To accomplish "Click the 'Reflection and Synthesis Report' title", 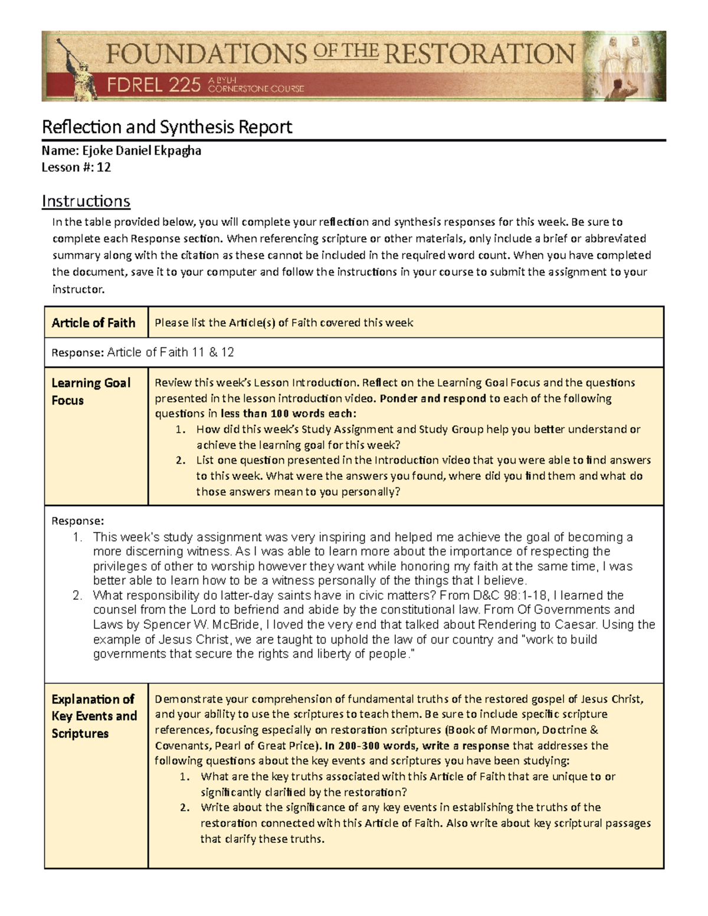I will (x=166, y=127).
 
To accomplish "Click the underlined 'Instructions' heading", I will (x=86, y=201).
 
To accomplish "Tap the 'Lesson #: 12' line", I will (x=76, y=167).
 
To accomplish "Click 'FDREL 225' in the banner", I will (x=153, y=86).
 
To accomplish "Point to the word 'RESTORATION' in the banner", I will (x=479, y=54).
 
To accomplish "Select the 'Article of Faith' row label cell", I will (x=94, y=323).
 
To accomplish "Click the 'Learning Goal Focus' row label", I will (x=91, y=391).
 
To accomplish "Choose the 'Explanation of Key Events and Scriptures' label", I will (x=94, y=716).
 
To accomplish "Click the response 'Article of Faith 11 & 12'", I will (x=171, y=352).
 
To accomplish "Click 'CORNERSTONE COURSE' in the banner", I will (x=256, y=88).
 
